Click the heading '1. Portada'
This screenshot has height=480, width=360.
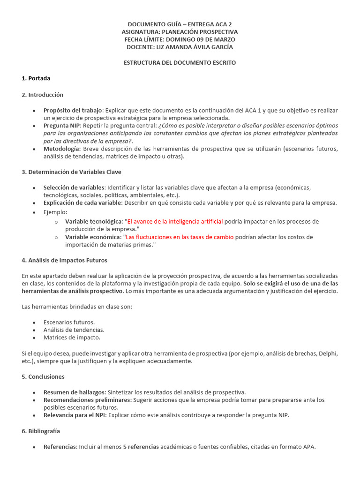tap(36, 78)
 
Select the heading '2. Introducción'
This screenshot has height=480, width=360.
tap(42, 95)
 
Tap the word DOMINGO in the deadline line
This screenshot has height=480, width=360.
tap(185, 39)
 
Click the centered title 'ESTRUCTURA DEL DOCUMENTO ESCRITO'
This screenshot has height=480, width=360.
tap(180, 62)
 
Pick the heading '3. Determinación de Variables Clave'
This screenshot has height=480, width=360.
tap(71, 172)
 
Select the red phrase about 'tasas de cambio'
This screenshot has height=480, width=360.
tap(179, 237)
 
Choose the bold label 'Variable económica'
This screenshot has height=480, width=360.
tap(92, 237)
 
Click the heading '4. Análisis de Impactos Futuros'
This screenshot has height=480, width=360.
tap(64, 260)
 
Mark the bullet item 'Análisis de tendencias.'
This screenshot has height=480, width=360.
tap(74, 330)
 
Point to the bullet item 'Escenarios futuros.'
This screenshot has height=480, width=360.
tap(69, 322)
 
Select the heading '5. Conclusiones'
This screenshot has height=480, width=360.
tap(43, 376)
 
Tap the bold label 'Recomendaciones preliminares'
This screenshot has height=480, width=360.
tap(87, 400)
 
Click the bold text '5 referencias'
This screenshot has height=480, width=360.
tap(141, 447)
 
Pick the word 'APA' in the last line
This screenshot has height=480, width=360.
tap(308, 447)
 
